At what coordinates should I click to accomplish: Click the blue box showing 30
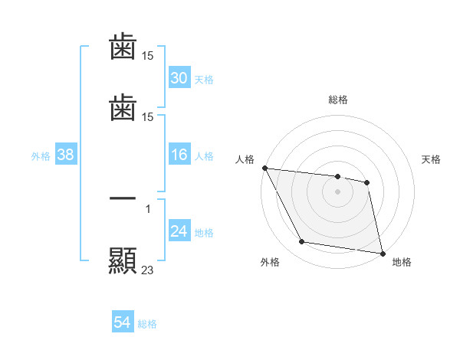click(x=179, y=78)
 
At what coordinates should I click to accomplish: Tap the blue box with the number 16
click(x=179, y=155)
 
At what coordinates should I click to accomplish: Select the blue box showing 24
click(x=179, y=232)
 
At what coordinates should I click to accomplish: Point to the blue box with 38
click(x=65, y=155)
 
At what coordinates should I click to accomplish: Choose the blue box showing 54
click(x=123, y=323)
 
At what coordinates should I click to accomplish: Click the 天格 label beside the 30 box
click(x=203, y=79)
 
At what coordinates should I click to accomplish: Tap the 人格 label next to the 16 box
click(x=203, y=156)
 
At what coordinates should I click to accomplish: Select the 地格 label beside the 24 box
click(x=203, y=233)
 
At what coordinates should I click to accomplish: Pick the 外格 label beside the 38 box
click(x=41, y=156)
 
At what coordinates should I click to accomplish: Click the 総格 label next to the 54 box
click(x=147, y=324)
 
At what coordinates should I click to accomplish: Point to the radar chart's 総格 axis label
click(x=338, y=100)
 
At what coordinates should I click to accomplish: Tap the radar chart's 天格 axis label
click(x=432, y=159)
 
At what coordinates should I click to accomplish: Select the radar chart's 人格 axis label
click(x=245, y=159)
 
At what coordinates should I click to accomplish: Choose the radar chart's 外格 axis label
click(x=270, y=263)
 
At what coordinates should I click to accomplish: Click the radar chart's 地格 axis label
click(x=402, y=263)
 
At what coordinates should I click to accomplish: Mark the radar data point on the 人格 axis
click(x=264, y=168)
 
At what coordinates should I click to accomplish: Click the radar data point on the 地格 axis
click(x=382, y=253)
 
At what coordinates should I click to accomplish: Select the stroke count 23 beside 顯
click(x=148, y=270)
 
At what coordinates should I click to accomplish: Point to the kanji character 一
click(x=123, y=198)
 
